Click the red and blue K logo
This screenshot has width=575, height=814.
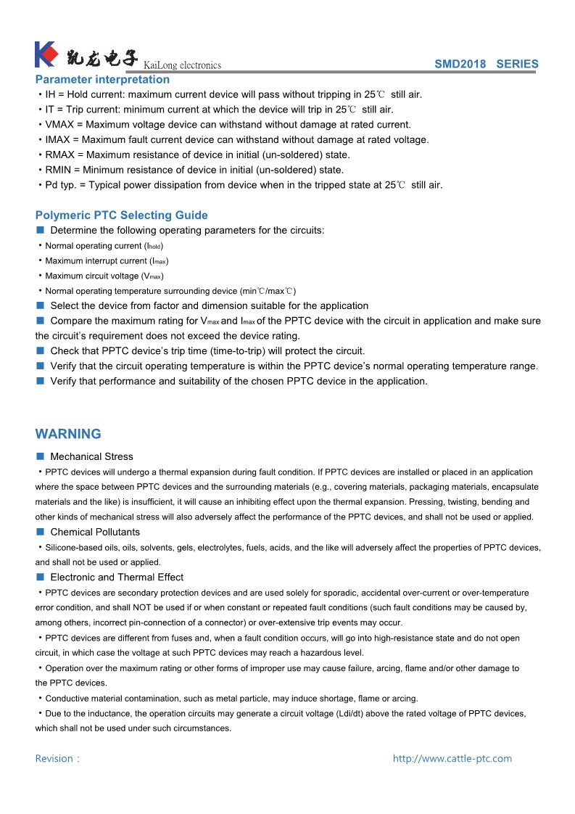tap(46, 55)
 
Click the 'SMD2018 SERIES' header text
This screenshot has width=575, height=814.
tap(486, 64)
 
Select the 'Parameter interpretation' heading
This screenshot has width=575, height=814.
tap(102, 79)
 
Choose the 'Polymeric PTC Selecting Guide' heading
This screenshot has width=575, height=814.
tap(121, 215)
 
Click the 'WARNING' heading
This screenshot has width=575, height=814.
tap(68, 434)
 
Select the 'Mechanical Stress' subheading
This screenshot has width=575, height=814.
tap(91, 456)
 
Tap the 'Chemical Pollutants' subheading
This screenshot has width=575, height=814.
tap(95, 532)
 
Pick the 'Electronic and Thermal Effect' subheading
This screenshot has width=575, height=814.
tap(117, 577)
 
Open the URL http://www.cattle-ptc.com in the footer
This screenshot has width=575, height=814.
tap(452, 759)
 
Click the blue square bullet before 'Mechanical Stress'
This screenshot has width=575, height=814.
tap(41, 456)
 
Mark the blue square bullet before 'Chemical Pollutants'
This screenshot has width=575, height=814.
tap(41, 532)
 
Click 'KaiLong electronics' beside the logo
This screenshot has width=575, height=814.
tap(183, 65)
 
